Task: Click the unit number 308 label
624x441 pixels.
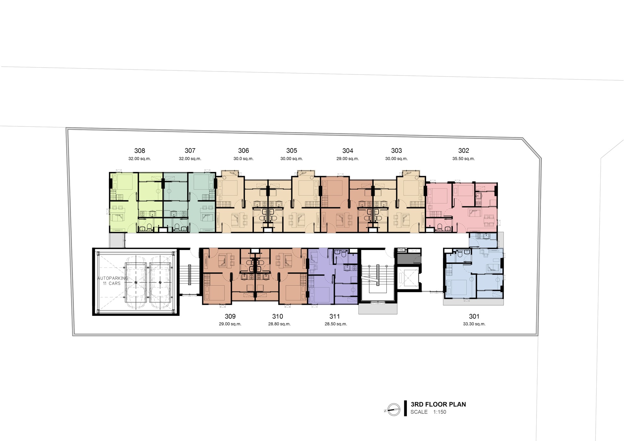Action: click(x=140, y=150)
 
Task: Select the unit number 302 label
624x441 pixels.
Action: click(x=464, y=150)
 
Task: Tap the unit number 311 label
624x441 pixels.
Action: click(x=334, y=316)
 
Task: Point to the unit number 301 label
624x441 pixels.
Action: click(x=474, y=316)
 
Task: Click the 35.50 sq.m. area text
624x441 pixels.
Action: click(x=463, y=159)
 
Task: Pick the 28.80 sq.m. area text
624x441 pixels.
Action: click(x=279, y=324)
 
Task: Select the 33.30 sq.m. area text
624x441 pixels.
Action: click(x=474, y=324)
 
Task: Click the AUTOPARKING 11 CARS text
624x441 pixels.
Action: click(x=112, y=281)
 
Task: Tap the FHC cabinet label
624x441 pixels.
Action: click(x=401, y=250)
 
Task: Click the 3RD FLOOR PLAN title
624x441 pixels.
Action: click(x=438, y=404)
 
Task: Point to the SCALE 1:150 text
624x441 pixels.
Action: click(x=428, y=412)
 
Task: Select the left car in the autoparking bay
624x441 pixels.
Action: click(x=136, y=281)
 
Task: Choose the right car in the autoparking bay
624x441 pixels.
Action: click(x=160, y=281)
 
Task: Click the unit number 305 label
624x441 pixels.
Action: click(x=292, y=150)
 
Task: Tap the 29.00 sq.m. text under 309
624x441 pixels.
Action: click(x=230, y=324)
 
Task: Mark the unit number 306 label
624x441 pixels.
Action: click(x=243, y=150)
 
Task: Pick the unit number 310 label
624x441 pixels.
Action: click(x=278, y=316)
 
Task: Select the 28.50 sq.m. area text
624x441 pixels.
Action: click(x=336, y=324)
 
